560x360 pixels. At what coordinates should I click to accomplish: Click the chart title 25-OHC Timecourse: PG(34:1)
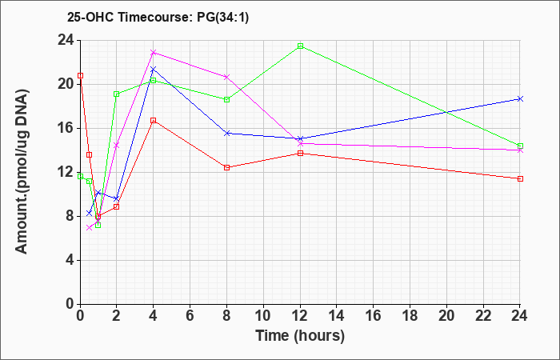pyautogui.click(x=158, y=18)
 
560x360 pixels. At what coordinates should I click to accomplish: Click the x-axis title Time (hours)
pyautogui.click(x=300, y=336)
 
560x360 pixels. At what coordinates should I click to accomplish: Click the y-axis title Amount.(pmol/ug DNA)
pyautogui.click(x=22, y=171)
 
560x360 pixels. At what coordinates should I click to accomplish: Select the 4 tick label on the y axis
pyautogui.click(x=70, y=260)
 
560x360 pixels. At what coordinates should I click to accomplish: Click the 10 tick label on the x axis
pyautogui.click(x=263, y=316)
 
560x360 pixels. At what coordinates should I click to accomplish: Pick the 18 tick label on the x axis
pyautogui.click(x=410, y=316)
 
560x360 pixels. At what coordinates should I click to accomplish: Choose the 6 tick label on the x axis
pyautogui.click(x=190, y=316)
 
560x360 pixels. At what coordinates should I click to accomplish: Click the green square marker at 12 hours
pyautogui.click(x=300, y=46)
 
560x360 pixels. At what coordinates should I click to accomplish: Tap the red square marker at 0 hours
pyautogui.click(x=80, y=76)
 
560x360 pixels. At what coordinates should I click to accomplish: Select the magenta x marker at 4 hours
pyautogui.click(x=154, y=53)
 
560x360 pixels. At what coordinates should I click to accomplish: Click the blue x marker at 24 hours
pyautogui.click(x=520, y=99)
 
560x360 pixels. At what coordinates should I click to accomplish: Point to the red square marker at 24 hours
pyautogui.click(x=520, y=178)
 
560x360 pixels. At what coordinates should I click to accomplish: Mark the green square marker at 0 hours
pyautogui.click(x=80, y=177)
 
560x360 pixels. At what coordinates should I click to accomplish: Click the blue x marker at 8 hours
pyautogui.click(x=226, y=134)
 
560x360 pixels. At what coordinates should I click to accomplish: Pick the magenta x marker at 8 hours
pyautogui.click(x=226, y=77)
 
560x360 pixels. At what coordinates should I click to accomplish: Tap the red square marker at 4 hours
pyautogui.click(x=154, y=120)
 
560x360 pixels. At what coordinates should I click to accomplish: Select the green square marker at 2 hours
pyautogui.click(x=117, y=94)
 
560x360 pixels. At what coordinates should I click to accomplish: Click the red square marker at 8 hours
pyautogui.click(x=226, y=167)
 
